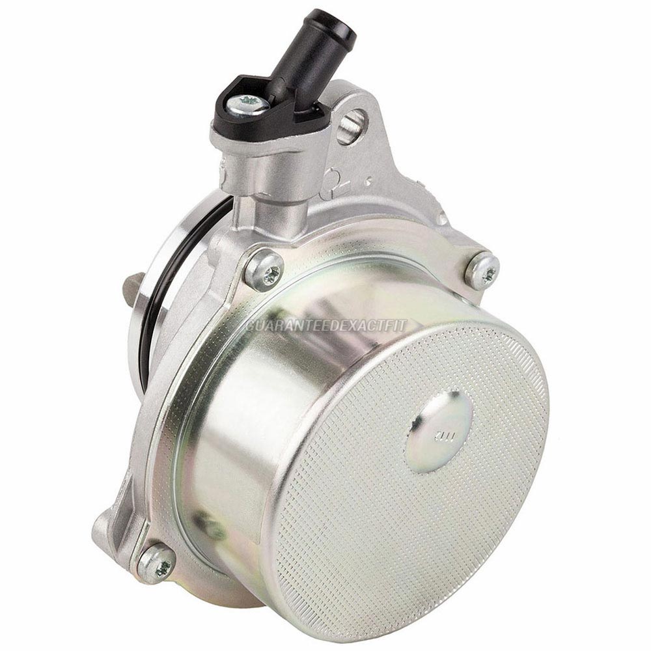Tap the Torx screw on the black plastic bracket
(249, 104)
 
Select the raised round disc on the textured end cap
(439, 430)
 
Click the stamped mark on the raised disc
(433, 428)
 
